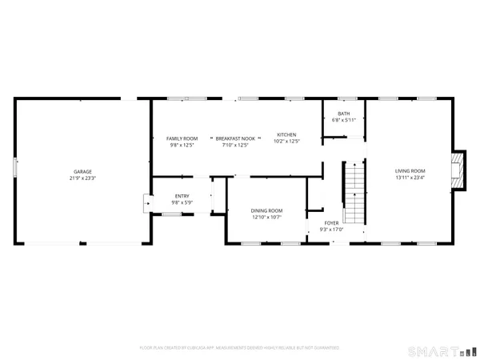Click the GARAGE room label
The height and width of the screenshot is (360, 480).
[x=82, y=171]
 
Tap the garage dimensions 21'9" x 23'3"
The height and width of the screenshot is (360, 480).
[x=82, y=178]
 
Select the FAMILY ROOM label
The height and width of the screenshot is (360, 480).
[x=182, y=138]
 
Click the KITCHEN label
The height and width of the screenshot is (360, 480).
[x=286, y=134]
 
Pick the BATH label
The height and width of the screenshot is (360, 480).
[x=343, y=114]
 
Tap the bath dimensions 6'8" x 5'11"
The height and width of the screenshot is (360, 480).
[x=343, y=120]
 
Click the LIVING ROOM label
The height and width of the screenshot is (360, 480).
[x=410, y=171]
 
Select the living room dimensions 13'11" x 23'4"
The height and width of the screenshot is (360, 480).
[x=410, y=178]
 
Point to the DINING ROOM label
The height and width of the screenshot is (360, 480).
[x=267, y=210]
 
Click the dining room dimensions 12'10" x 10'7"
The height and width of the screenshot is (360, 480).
[x=267, y=217]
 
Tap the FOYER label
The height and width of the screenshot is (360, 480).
[x=332, y=223]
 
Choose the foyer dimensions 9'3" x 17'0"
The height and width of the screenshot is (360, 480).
[x=332, y=230]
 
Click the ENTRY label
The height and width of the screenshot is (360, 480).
[x=182, y=196]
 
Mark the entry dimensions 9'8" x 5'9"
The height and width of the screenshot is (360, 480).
[x=182, y=202]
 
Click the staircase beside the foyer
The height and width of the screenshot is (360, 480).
[x=354, y=192]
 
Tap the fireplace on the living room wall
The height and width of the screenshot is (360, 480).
[x=458, y=171]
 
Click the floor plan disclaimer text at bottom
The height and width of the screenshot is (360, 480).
[x=239, y=348]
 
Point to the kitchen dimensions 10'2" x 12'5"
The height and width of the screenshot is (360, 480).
[x=286, y=141]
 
